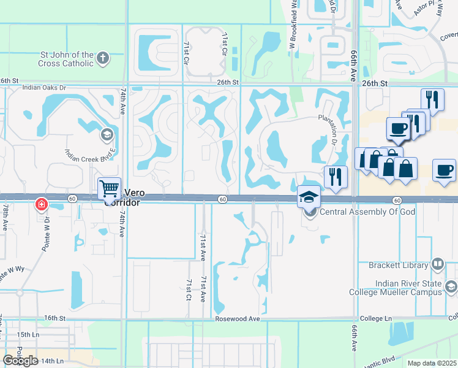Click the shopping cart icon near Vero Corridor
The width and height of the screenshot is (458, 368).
[x=109, y=188]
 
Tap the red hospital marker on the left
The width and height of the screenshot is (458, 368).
[x=42, y=204]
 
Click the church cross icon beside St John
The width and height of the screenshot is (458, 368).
[x=103, y=59]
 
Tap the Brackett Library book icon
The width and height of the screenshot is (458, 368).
[x=438, y=264]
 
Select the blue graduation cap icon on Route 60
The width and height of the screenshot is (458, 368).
[x=309, y=196]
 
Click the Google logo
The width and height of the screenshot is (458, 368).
[x=20, y=361]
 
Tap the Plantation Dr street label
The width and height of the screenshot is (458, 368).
[x=336, y=128]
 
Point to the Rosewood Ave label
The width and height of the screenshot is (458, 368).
[x=238, y=319]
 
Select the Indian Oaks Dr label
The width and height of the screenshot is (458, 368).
[x=43, y=88]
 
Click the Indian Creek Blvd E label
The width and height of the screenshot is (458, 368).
[x=90, y=151]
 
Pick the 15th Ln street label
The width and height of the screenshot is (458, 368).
[x=28, y=334]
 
